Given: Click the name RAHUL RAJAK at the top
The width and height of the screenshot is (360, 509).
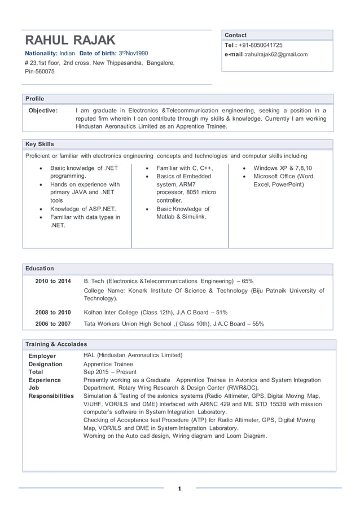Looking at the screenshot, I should click(x=70, y=40).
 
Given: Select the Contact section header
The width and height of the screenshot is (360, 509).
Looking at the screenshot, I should click(x=236, y=35).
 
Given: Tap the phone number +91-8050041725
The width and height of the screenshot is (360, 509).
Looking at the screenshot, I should click(x=261, y=45).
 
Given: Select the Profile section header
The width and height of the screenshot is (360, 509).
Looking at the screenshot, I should click(x=35, y=99).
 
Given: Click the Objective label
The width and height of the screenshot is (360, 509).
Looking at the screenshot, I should click(x=43, y=111).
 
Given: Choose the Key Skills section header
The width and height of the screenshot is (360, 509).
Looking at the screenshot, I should click(x=40, y=144).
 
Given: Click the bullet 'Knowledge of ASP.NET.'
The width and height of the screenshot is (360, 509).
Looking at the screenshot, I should click(x=83, y=209).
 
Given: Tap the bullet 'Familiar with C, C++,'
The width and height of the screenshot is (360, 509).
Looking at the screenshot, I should click(x=185, y=168).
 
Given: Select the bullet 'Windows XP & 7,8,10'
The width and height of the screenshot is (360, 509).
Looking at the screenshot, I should click(x=283, y=168).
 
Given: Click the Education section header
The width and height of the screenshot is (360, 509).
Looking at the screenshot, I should click(x=40, y=269).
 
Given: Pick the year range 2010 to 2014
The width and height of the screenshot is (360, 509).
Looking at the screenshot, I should click(x=53, y=281).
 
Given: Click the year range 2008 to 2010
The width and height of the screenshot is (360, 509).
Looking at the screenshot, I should click(x=53, y=312).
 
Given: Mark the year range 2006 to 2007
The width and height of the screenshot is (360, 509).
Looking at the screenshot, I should click(x=53, y=324).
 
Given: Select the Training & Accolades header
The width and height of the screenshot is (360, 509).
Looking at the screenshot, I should click(x=56, y=344).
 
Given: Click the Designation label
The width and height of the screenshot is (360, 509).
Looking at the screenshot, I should click(x=46, y=365).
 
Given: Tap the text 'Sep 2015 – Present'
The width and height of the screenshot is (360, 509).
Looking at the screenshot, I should click(x=110, y=372).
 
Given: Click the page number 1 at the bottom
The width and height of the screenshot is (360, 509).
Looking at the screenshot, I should click(x=179, y=489).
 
